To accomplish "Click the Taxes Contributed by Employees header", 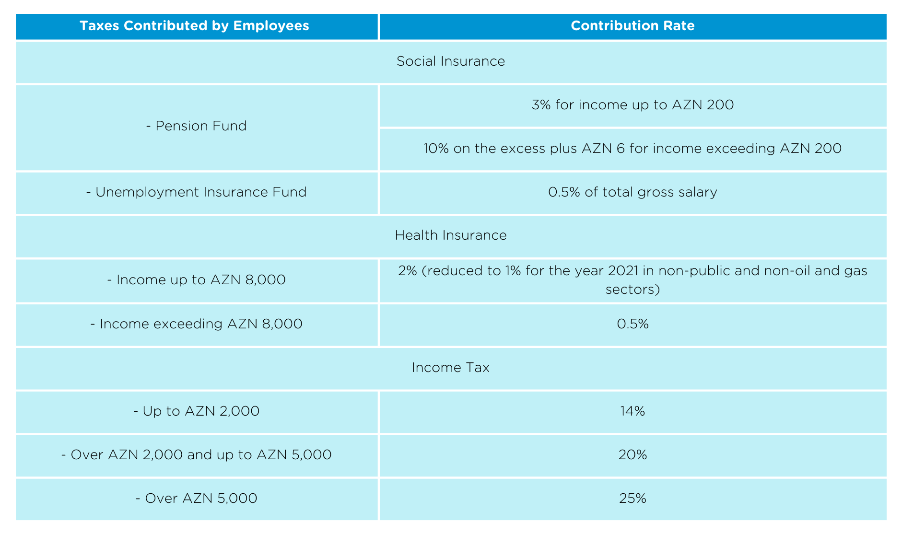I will pos(194,26).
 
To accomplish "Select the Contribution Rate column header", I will pos(633,26).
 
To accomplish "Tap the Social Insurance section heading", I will pos(451,61).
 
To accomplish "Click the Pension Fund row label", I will pos(196,126).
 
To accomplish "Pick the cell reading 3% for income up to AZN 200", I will pos(633,105).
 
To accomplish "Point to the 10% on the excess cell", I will pos(633,149).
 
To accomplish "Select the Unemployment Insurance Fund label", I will pos(196,192).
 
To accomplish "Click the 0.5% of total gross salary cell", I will pos(633,192).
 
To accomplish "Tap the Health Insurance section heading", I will pos(451,235).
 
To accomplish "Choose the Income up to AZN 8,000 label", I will pos(196,280).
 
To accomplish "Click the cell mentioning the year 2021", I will pos(633,280).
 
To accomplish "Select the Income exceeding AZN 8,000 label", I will pos(196,324).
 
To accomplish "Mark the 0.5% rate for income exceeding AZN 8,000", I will pos(633,324).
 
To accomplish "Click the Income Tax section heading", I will pos(451,368).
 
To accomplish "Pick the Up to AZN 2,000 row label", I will pos(196,411).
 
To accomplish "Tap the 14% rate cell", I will pos(633,411).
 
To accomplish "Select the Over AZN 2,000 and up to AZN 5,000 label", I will pos(196,455).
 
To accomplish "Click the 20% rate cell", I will pos(633,455).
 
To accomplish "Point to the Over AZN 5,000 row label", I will pos(196,499).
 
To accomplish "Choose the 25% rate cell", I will pos(633,499).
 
